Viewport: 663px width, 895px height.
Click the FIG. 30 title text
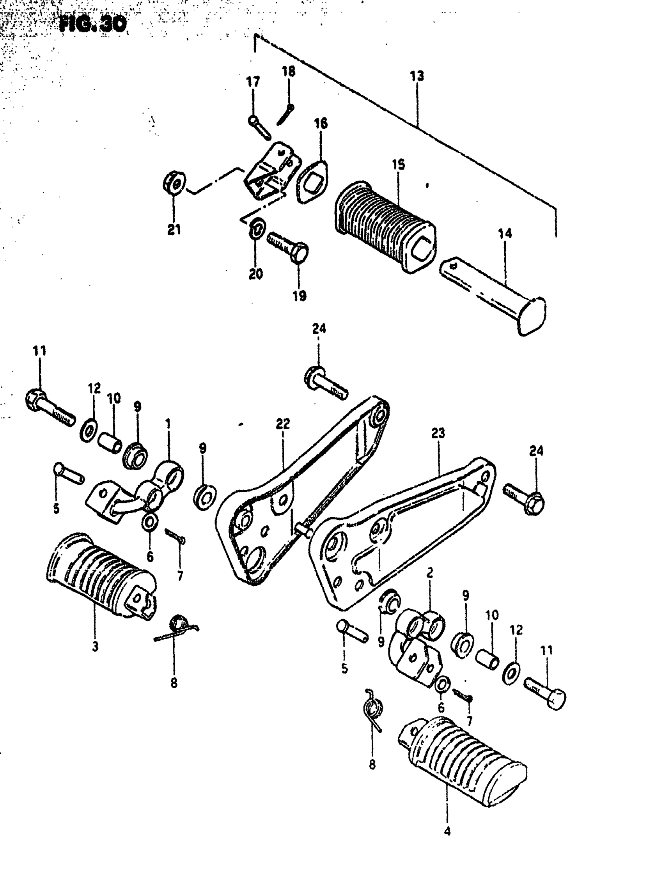(x=93, y=25)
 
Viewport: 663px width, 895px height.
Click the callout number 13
(x=417, y=76)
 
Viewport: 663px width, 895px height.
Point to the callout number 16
(x=321, y=123)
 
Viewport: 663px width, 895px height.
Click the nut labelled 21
(x=174, y=183)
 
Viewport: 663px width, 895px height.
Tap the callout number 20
(x=256, y=274)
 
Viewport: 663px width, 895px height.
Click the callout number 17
(x=253, y=82)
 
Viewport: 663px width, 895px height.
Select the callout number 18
(x=289, y=71)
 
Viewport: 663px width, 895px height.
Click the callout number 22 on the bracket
(x=282, y=424)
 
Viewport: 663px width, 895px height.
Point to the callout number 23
(x=438, y=433)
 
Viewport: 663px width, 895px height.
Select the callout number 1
(x=168, y=424)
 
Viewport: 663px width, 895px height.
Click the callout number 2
(x=430, y=572)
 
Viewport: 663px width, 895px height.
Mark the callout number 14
(x=505, y=233)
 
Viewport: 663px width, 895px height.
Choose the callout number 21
(x=174, y=230)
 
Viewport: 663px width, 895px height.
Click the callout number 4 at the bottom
(x=447, y=831)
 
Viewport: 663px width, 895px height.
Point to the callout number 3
(x=95, y=647)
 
